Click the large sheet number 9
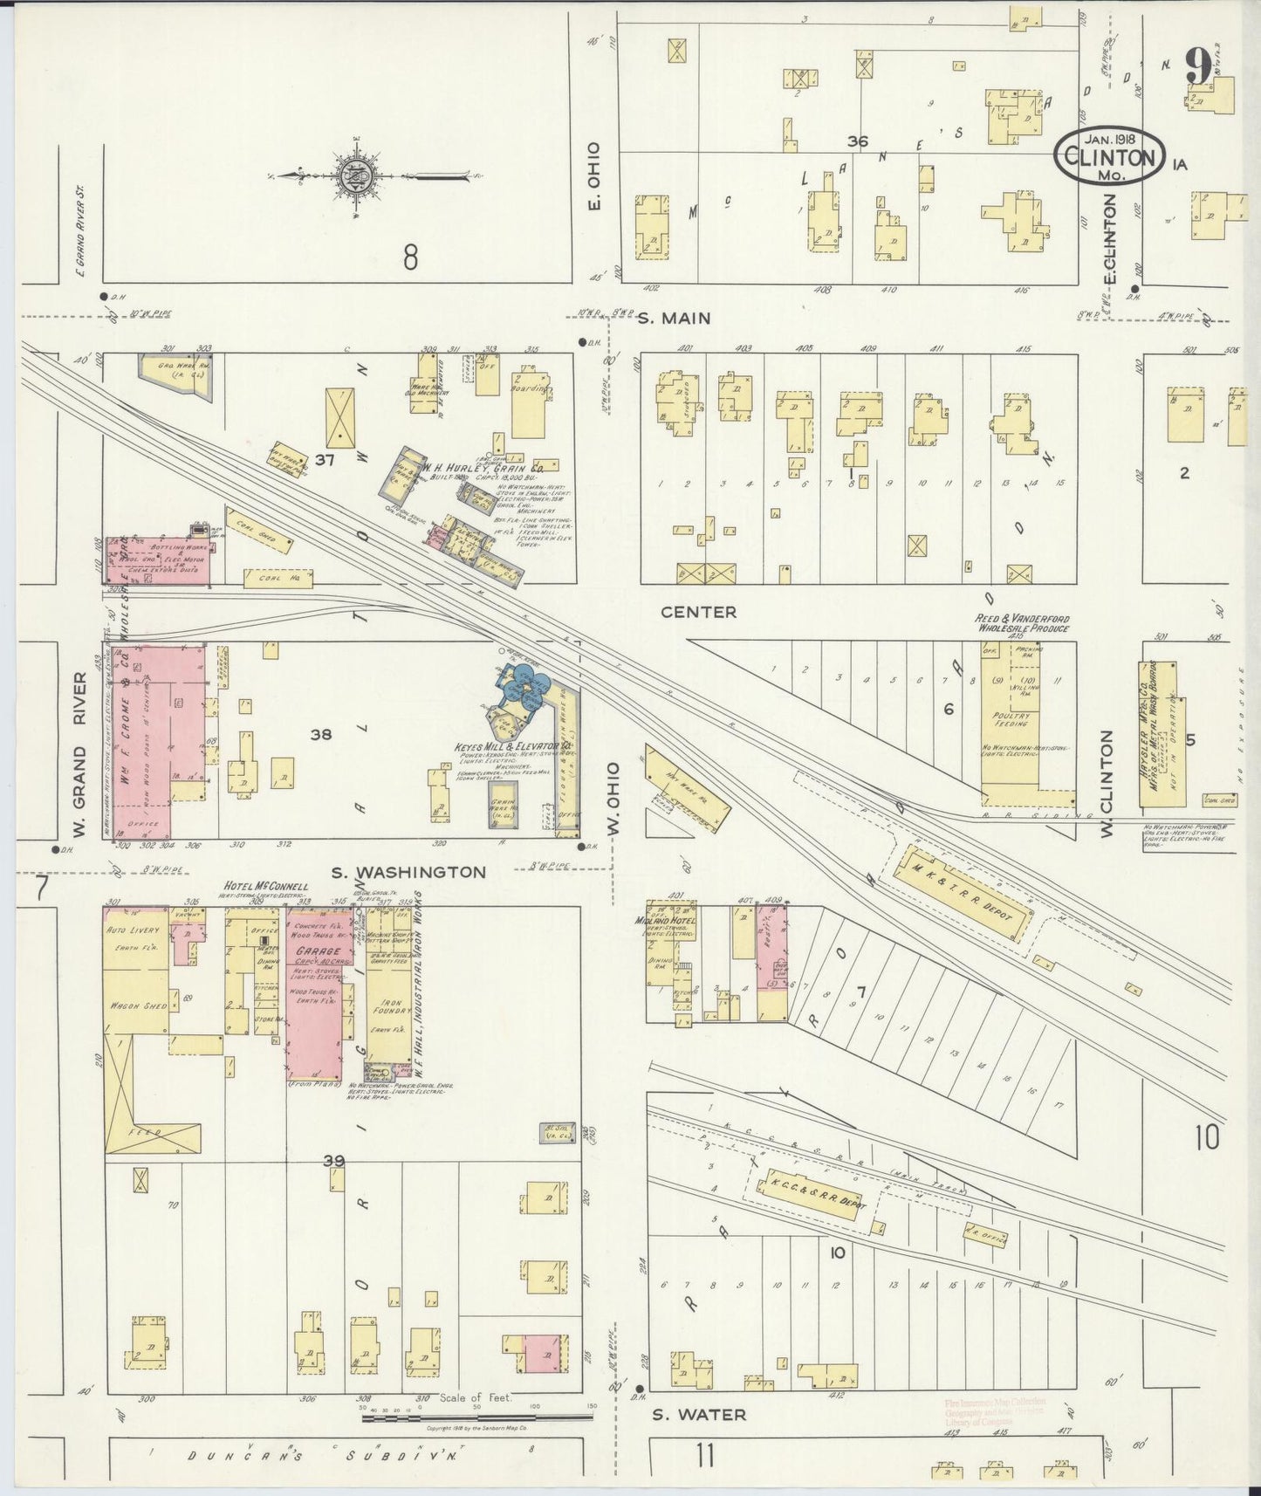coord(1198,66)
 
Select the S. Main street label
coord(673,319)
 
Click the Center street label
coord(698,612)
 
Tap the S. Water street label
coord(699,1414)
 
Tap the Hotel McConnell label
coord(266,886)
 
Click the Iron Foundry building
coord(388,1012)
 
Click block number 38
coord(320,735)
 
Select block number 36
coord(857,141)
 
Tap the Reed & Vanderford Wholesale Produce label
coord(1022,623)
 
